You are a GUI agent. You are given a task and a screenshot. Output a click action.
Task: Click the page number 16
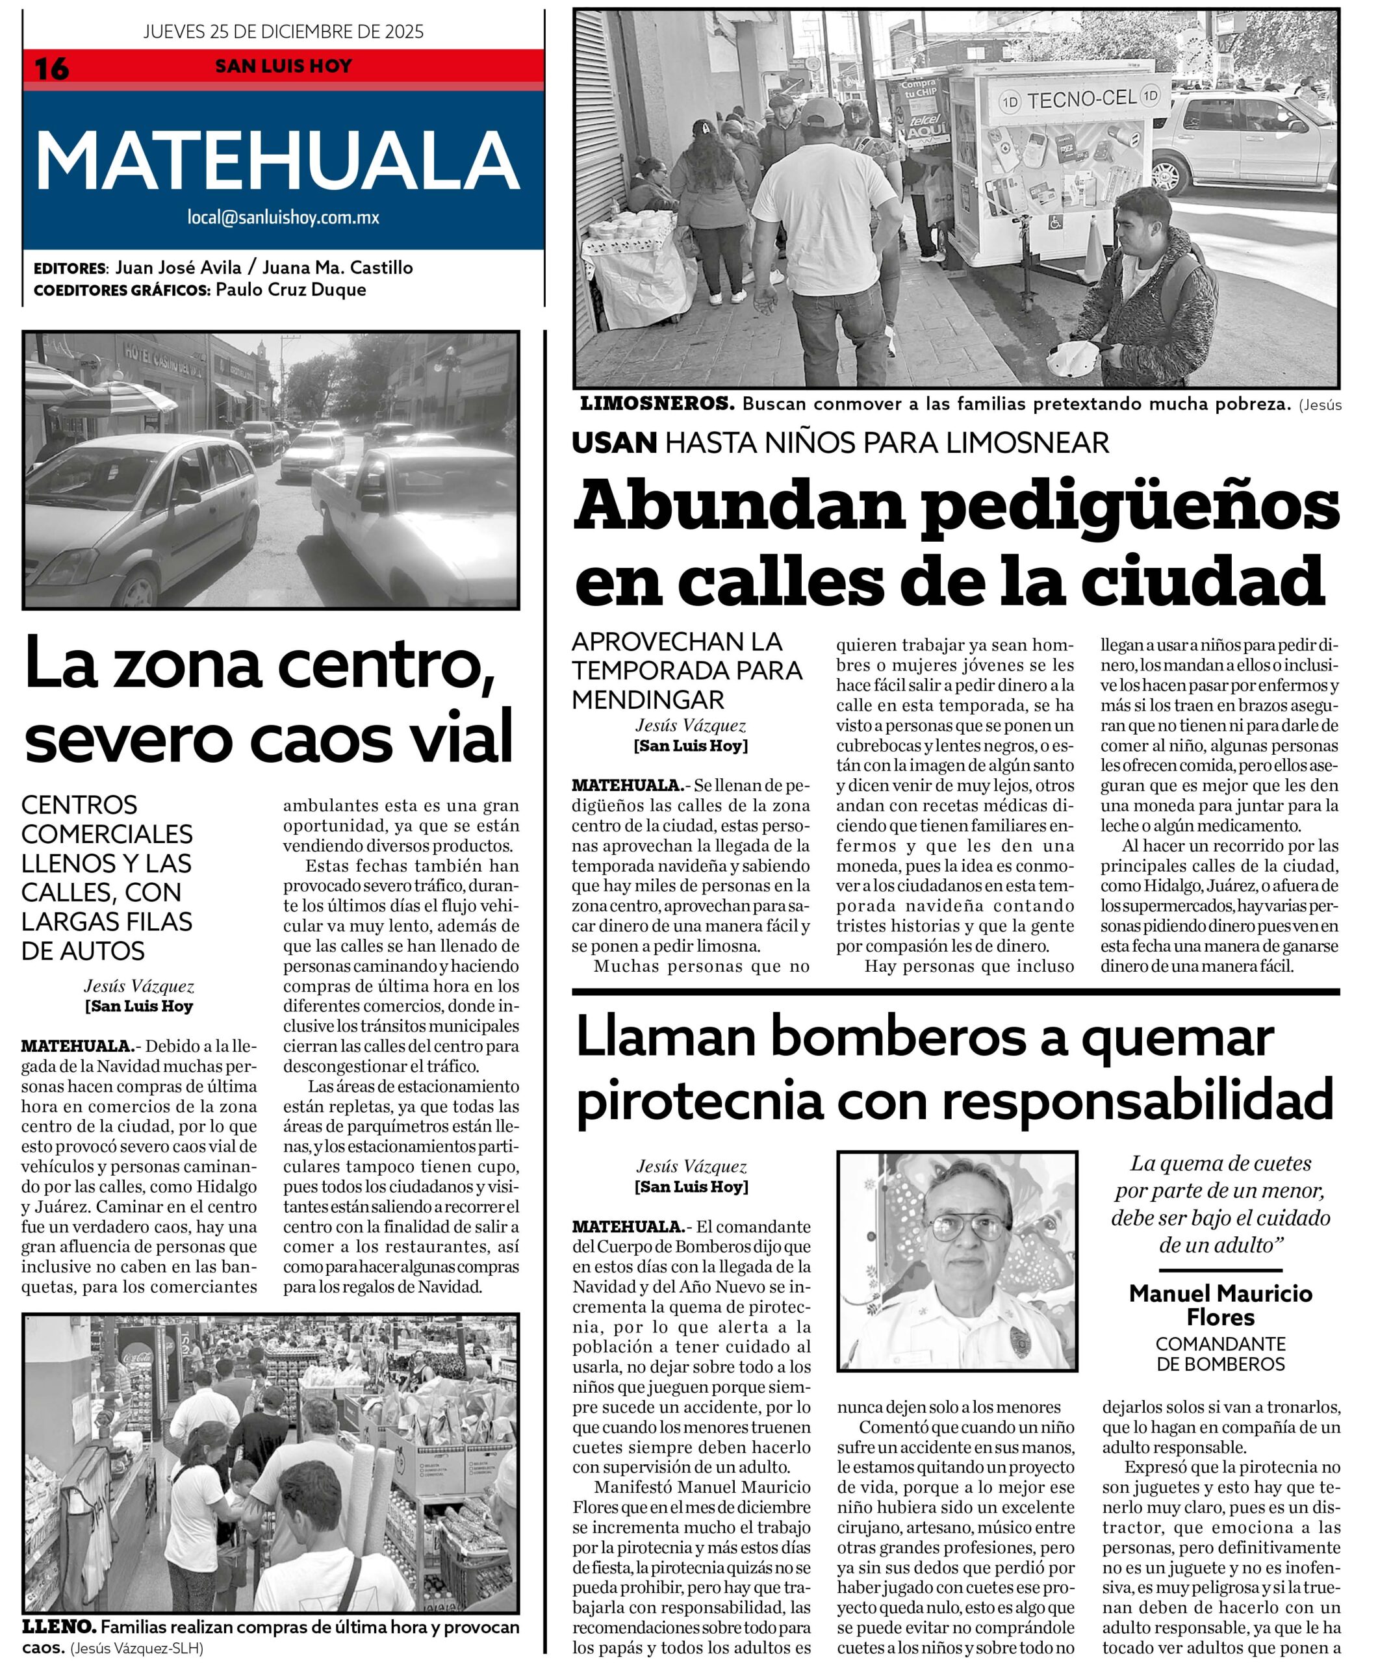point(51,69)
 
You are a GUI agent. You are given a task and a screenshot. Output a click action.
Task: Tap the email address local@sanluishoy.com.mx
point(283,217)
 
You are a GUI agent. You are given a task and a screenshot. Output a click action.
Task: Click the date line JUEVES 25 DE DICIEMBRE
point(283,32)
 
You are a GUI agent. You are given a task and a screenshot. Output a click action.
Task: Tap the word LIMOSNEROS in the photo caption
point(657,404)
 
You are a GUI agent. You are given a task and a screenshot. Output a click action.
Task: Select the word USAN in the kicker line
point(615,442)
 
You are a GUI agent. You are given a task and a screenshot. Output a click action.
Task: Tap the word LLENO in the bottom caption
point(58,1627)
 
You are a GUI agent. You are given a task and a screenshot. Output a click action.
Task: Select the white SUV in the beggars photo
point(1244,142)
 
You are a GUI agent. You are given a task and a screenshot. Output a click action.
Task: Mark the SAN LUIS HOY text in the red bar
point(283,66)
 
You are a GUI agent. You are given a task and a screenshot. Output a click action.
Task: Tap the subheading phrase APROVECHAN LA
point(676,641)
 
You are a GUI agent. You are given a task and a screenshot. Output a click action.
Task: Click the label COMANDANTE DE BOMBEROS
point(1220,1354)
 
